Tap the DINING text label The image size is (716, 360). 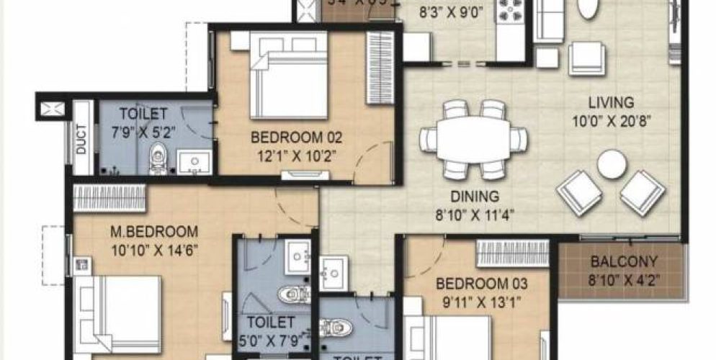[475, 196]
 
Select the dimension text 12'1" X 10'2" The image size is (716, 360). [286, 154]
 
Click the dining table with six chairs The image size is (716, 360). [473, 139]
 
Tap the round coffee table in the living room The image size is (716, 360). [612, 164]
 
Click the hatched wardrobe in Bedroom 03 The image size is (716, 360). [513, 253]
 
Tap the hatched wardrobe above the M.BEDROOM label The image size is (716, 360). [110, 198]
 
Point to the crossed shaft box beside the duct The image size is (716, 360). [53, 109]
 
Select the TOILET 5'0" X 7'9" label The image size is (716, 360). [270, 330]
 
